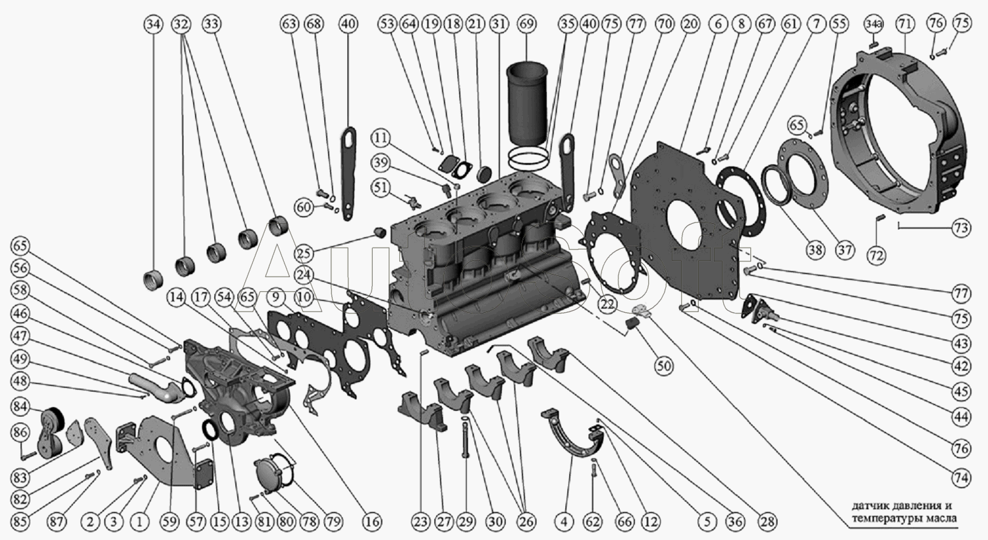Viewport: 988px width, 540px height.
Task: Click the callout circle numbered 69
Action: tap(527, 24)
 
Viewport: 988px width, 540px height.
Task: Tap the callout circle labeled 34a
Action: tap(874, 24)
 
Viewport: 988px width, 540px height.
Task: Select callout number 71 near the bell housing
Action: tap(904, 24)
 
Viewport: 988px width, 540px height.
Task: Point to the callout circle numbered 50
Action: tap(664, 365)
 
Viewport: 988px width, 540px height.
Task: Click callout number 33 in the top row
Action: tap(211, 24)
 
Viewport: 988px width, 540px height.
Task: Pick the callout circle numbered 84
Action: tap(20, 406)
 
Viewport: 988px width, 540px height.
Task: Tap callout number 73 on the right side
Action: tap(962, 228)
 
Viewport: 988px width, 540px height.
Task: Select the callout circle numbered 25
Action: tap(304, 254)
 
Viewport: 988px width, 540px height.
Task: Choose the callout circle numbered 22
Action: tap(607, 304)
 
